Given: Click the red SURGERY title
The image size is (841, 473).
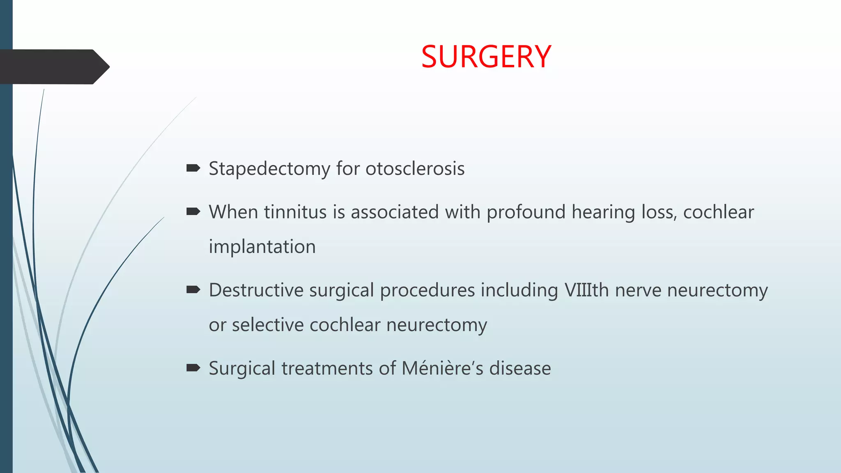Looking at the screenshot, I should [486, 57].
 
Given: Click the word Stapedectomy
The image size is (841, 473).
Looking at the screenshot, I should [269, 169].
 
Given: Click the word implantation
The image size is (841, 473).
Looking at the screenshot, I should [262, 247].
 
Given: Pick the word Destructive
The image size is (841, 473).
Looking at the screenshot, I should [256, 290].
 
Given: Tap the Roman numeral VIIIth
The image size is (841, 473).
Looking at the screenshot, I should [586, 290].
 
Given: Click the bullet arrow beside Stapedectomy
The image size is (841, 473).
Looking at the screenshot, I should [193, 168].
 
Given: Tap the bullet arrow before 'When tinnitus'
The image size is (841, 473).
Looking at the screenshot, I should [193, 211].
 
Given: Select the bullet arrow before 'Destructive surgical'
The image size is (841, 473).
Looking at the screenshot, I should [193, 290].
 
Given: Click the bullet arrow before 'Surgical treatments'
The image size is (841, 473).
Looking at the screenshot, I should [193, 367].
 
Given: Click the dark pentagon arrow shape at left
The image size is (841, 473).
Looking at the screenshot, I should [53, 67].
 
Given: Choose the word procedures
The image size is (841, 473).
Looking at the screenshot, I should [427, 290].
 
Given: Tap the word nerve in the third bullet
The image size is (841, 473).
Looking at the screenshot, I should [638, 290].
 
